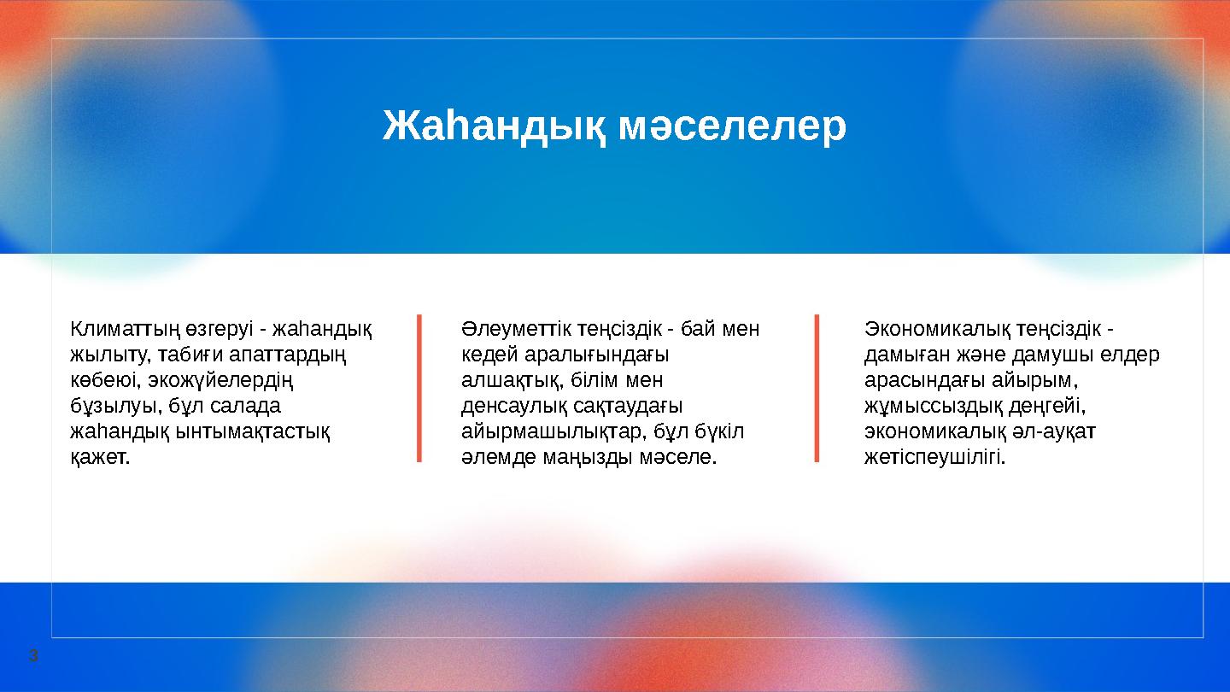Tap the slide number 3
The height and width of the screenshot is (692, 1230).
(33, 656)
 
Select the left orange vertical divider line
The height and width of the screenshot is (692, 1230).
(419, 389)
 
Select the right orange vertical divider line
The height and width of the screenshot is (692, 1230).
(817, 389)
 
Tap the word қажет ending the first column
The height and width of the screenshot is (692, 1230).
(99, 457)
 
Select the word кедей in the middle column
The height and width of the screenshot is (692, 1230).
(483, 355)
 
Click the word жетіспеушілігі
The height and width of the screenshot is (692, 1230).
(934, 457)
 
